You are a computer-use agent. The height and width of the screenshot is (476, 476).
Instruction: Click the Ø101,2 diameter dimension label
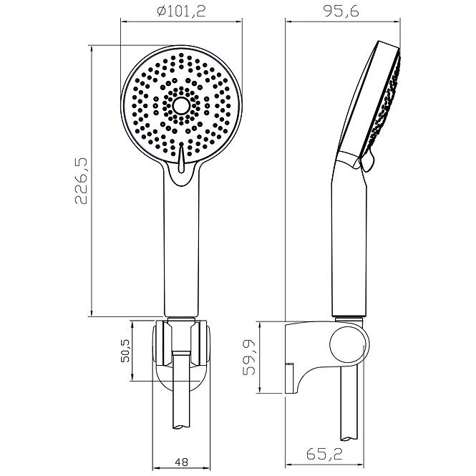(182, 11)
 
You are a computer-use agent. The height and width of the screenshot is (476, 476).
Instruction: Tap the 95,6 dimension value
(341, 11)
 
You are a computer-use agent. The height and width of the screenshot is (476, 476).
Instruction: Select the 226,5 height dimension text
(81, 180)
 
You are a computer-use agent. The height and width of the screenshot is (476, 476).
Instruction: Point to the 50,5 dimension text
(125, 351)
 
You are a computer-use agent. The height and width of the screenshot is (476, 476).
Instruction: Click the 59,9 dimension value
(250, 358)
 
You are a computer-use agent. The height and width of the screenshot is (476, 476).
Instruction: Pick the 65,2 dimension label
(324, 455)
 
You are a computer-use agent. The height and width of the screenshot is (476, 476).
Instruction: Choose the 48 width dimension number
(182, 462)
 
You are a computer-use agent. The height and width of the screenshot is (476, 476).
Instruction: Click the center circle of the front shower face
(181, 105)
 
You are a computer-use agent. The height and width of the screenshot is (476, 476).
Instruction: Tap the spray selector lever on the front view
(181, 158)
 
